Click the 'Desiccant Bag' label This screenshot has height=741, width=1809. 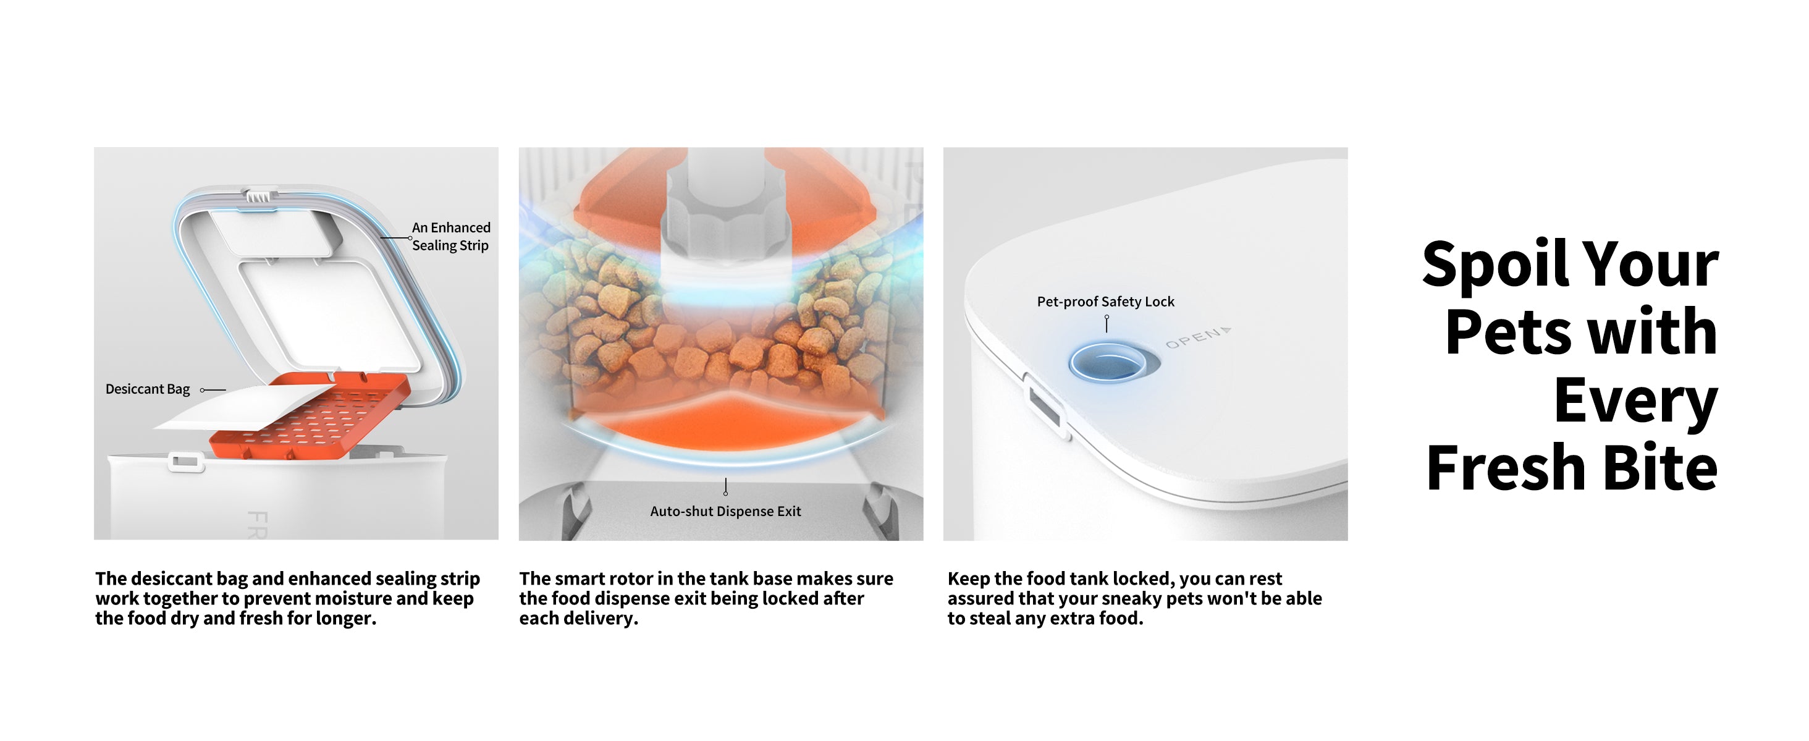[148, 389]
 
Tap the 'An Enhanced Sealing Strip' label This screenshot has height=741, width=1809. [451, 236]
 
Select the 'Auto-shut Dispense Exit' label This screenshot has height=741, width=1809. [725, 511]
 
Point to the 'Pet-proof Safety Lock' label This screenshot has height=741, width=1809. [1105, 302]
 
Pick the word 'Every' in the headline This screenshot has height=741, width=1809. [1636, 400]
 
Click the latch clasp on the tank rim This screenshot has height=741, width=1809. [185, 462]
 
